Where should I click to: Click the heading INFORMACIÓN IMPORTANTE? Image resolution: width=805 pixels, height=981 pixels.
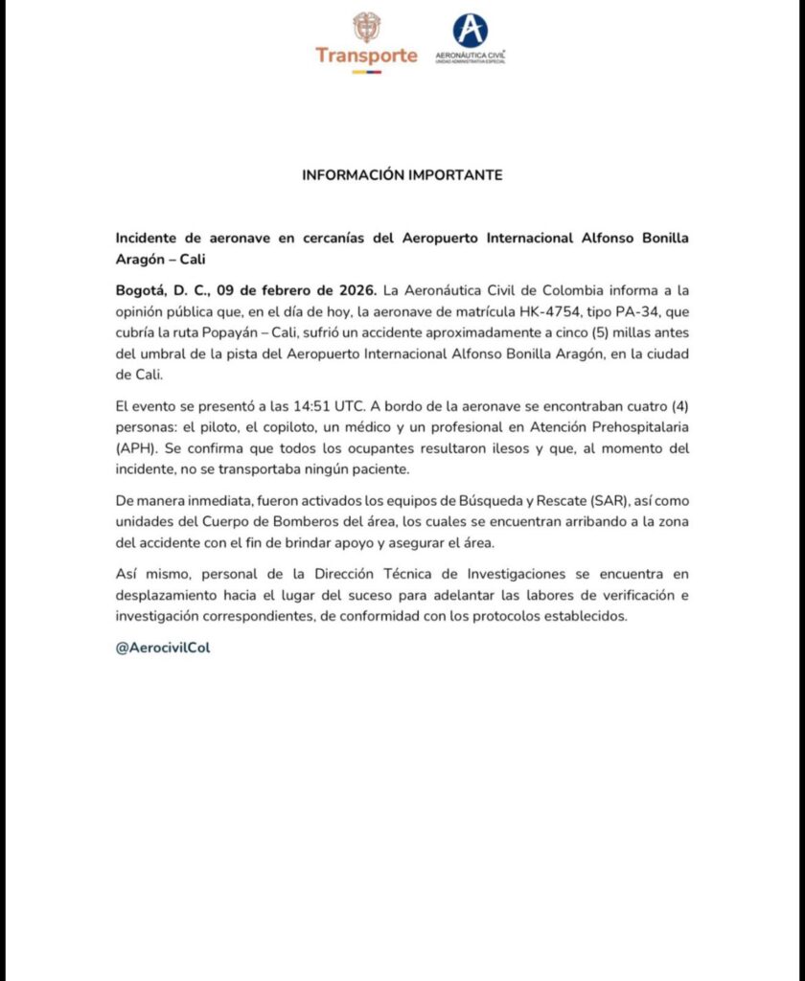pyautogui.click(x=402, y=175)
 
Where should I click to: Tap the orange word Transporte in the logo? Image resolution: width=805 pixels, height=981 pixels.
pyautogui.click(x=366, y=55)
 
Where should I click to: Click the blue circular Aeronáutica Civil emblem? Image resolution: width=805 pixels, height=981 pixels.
pyautogui.click(x=470, y=31)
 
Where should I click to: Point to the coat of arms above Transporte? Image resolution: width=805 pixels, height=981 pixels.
pyautogui.click(x=366, y=26)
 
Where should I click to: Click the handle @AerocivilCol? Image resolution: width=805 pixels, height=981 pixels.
pyautogui.click(x=162, y=648)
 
